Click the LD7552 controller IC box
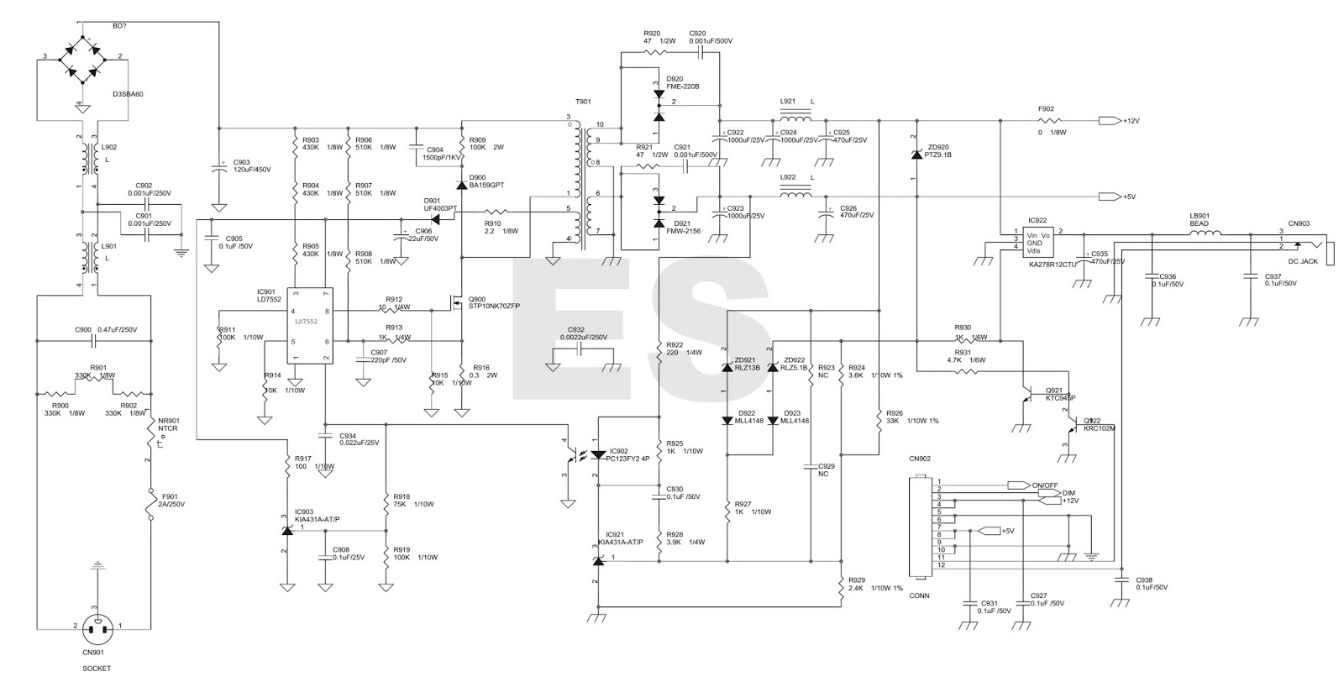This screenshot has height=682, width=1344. coord(309,325)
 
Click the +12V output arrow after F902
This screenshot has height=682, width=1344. coord(1109,121)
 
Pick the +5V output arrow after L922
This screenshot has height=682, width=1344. coord(1109,197)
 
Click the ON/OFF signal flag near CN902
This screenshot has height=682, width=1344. coord(1019,485)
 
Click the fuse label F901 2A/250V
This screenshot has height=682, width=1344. coord(171,500)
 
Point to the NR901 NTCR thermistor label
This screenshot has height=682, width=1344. coord(171,425)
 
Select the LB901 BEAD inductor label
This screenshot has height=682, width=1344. coord(1199,219)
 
